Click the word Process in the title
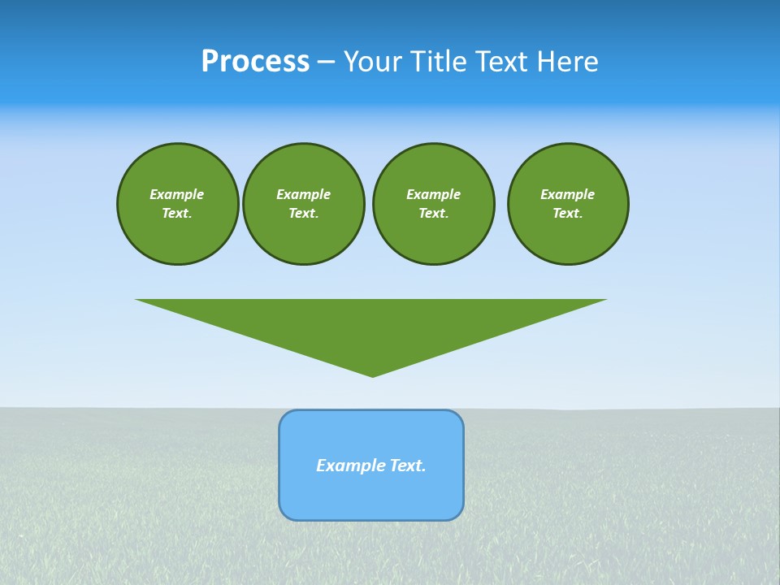coord(255,62)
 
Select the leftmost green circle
coord(177,204)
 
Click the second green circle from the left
coord(303,204)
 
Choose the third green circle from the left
coord(433,204)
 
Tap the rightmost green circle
coord(567,204)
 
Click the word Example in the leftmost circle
coord(177,194)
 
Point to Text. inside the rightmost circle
coord(567,214)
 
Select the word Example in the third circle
coord(433,194)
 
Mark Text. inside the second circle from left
coord(303,214)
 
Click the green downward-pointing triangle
coord(371,325)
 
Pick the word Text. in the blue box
coord(408,466)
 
